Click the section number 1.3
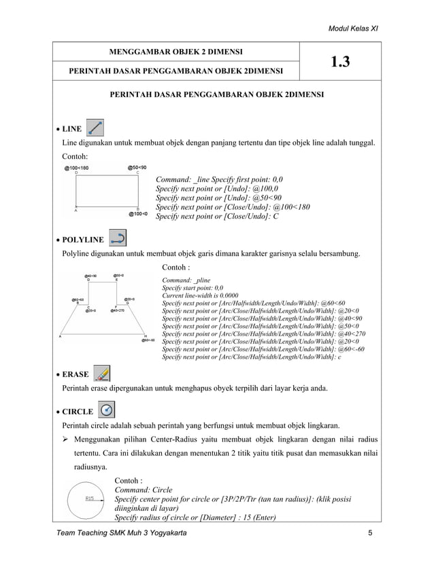[340, 62]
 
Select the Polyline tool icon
[117, 238]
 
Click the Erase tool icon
[101, 373]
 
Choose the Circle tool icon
[107, 410]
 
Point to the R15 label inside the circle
[89, 498]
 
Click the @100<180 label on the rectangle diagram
[76, 168]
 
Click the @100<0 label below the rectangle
[139, 213]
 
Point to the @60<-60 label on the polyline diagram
[148, 340]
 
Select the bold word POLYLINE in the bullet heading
[83, 240]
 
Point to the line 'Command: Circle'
[144, 490]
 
